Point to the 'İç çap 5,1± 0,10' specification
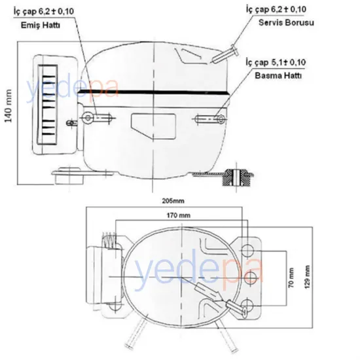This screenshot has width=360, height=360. coord(276,62)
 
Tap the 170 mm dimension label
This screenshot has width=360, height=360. coord(177,215)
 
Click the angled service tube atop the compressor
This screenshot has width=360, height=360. coord(224,51)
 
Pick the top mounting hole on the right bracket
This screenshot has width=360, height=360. coord(250,249)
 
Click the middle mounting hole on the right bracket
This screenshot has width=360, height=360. coord(250,279)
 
